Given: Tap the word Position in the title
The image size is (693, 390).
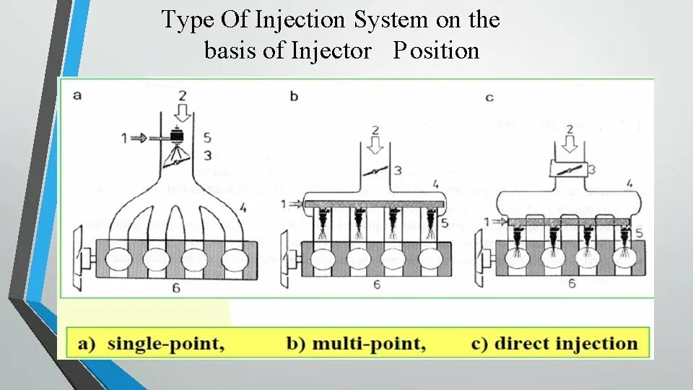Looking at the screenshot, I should [x=436, y=51].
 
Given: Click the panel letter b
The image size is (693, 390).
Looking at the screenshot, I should [x=294, y=95].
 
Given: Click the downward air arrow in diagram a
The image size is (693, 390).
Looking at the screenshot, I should [x=182, y=113].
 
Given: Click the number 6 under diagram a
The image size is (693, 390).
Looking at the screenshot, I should [x=176, y=288].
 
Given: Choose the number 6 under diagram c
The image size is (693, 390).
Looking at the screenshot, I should [x=572, y=284].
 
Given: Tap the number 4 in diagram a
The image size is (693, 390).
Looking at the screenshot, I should [x=243, y=208].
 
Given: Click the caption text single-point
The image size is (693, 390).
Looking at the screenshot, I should [x=165, y=344].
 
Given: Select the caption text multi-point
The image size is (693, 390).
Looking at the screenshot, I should [x=368, y=344].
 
